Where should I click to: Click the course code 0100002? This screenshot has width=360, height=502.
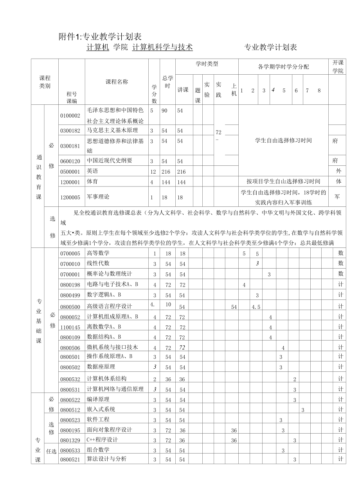pos(70,116)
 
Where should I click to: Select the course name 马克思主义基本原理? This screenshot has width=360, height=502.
pos(112,130)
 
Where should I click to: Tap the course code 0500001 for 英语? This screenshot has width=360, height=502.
pos(70,171)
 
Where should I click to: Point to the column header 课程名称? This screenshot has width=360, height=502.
pos(117,82)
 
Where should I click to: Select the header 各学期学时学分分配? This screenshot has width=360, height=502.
pos(283,67)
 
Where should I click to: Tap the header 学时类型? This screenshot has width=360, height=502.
pos(207,64)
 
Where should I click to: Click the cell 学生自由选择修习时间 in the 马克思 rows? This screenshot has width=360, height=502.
pos(283,140)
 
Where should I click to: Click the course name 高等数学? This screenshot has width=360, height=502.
pos(98,253)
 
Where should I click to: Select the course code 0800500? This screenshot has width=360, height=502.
pos(70,307)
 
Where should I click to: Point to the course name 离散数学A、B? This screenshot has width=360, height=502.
pos(104,326)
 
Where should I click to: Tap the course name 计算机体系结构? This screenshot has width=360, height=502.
pos(106,378)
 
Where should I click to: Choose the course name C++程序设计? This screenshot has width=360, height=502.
pos(102,439)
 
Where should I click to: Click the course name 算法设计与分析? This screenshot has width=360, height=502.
pos(106,459)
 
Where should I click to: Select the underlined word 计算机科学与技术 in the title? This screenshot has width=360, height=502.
pos(162,47)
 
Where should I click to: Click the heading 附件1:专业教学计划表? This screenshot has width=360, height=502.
pos(100,37)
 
